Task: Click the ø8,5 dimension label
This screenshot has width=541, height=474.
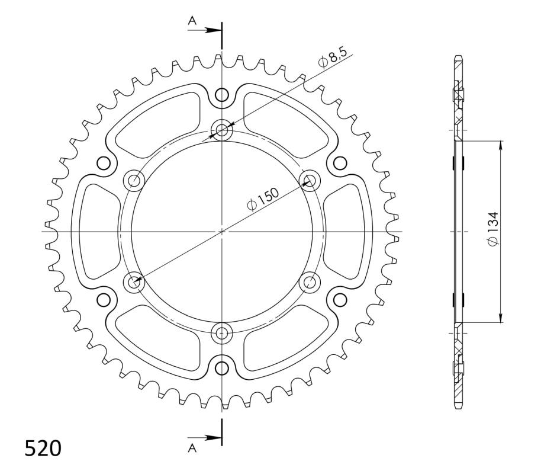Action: [x=333, y=59]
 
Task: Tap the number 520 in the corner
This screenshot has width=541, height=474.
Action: [x=43, y=449]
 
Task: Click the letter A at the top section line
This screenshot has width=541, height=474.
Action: [x=192, y=21]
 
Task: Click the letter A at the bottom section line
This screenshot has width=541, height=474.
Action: [x=192, y=449]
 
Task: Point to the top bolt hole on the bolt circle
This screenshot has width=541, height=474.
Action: [x=222, y=130]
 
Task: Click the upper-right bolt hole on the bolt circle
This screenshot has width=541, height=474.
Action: [x=309, y=180]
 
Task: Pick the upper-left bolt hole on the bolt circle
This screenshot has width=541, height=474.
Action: [x=135, y=180]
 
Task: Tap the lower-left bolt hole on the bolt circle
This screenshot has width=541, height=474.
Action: [x=135, y=281]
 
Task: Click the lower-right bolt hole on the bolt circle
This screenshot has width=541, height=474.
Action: [x=309, y=281]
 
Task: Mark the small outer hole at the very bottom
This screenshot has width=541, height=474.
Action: [x=222, y=367]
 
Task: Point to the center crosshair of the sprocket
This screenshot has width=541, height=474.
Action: [x=222, y=230]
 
